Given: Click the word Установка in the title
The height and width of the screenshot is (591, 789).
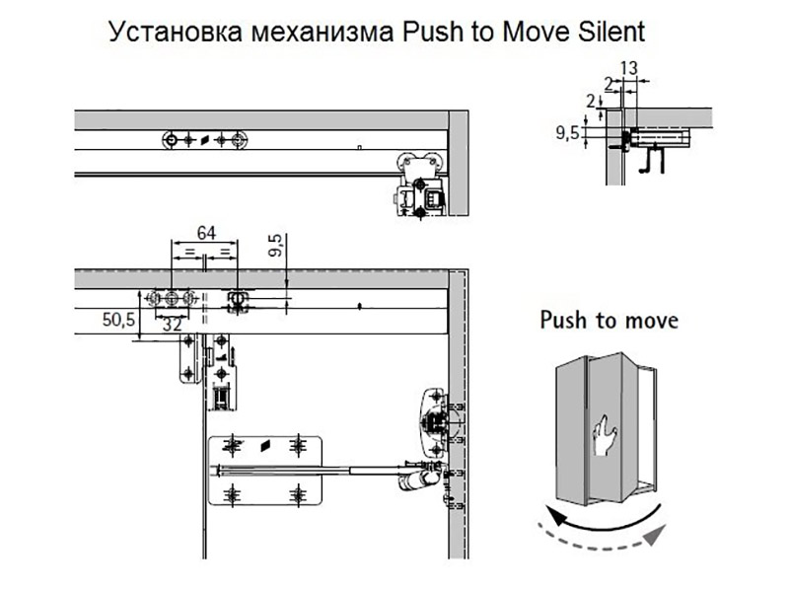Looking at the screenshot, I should click(173, 32).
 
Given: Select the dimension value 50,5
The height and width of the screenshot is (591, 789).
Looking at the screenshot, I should click(117, 319).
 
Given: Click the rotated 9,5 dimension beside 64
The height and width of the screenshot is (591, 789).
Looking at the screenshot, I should click(276, 246).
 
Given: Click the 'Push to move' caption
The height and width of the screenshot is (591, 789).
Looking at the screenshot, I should click(609, 321).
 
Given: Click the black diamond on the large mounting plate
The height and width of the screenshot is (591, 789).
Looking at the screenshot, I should click(264, 446).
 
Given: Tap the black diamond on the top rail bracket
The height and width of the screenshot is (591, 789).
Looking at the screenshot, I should click(204, 140).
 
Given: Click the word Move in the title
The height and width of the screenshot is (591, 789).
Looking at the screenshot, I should click(530, 32).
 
